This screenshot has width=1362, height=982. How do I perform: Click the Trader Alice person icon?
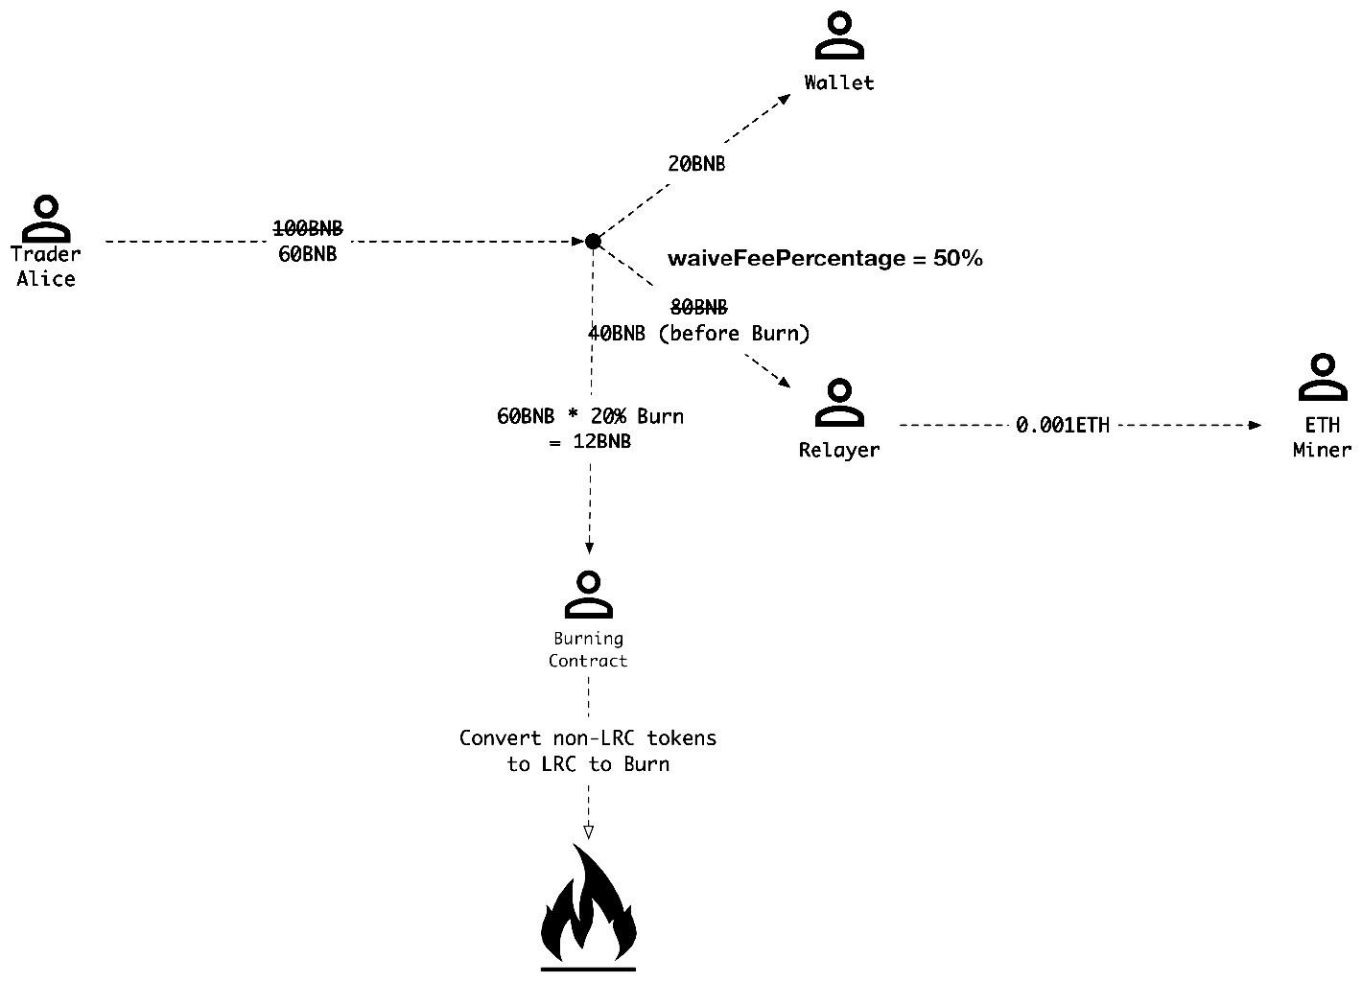click(46, 218)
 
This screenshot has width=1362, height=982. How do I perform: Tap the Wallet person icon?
click(839, 36)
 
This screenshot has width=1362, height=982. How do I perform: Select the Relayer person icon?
click(839, 403)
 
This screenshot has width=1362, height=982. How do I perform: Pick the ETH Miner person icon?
click(1322, 378)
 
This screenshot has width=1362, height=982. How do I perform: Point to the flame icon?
click(588, 906)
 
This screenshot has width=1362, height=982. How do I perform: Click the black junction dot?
click(594, 242)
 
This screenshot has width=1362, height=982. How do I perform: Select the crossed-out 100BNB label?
click(308, 228)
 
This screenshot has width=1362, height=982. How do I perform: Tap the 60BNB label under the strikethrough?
click(308, 254)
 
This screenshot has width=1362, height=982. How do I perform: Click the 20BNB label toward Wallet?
click(696, 164)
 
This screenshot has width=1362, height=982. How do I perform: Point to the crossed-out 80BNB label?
click(698, 307)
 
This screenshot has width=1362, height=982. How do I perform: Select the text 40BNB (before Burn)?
click(699, 333)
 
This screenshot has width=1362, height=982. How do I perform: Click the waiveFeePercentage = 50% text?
click(825, 258)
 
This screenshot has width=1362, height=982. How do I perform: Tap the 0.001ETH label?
click(1063, 425)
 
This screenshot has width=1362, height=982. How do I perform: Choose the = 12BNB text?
click(590, 442)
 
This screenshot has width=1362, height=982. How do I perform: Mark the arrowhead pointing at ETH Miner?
click(1256, 425)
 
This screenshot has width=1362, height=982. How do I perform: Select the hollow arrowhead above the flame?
click(588, 831)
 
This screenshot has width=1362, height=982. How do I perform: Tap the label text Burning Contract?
click(588, 649)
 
